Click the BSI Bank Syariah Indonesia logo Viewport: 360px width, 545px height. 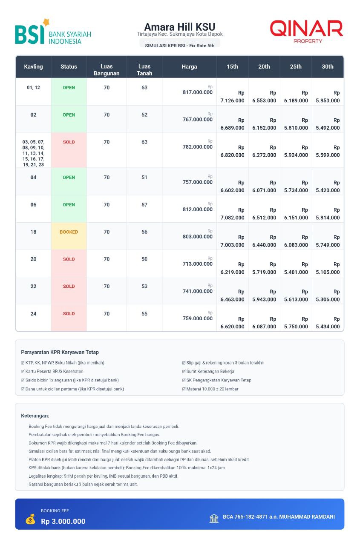pyautogui.click(x=53, y=32)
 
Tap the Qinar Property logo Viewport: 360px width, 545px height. pyautogui.click(x=306, y=32)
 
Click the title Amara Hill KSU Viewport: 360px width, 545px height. pyautogui.click(x=179, y=27)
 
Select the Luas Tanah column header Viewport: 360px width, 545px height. pyautogui.click(x=144, y=70)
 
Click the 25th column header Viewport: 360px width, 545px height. pyautogui.click(x=296, y=67)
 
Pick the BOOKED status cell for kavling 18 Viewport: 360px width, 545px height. pyautogui.click(x=69, y=232)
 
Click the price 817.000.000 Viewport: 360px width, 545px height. pyautogui.click(x=197, y=92)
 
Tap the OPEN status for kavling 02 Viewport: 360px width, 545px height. pyautogui.click(x=69, y=115)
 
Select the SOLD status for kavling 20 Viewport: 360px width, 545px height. pyautogui.click(x=69, y=259)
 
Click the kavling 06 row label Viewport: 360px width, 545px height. pyautogui.click(x=33, y=205)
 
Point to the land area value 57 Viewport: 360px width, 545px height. pyautogui.click(x=144, y=205)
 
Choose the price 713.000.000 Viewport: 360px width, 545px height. pyautogui.click(x=197, y=264)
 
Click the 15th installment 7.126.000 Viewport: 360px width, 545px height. pyautogui.click(x=232, y=101)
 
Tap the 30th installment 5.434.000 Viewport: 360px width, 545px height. pyautogui.click(x=328, y=327)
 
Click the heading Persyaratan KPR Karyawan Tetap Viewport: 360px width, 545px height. pyautogui.click(x=60, y=352)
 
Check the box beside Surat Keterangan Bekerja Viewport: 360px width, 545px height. pyautogui.click(x=184, y=372)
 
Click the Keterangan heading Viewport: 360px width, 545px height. pyautogui.click(x=35, y=416)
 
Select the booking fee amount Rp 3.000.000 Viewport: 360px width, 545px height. pyautogui.click(x=63, y=522)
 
